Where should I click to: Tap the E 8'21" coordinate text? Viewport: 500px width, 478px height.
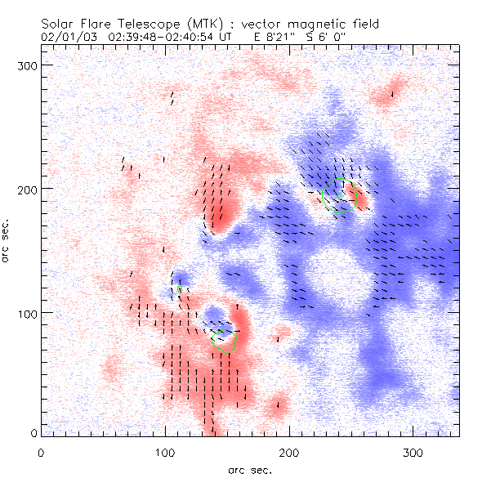[276, 37]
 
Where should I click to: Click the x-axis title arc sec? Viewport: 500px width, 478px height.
[250, 468]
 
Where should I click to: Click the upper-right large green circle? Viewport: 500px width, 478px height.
[339, 194]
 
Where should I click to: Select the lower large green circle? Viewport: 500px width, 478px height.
[225, 337]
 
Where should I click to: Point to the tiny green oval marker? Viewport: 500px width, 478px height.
[180, 289]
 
